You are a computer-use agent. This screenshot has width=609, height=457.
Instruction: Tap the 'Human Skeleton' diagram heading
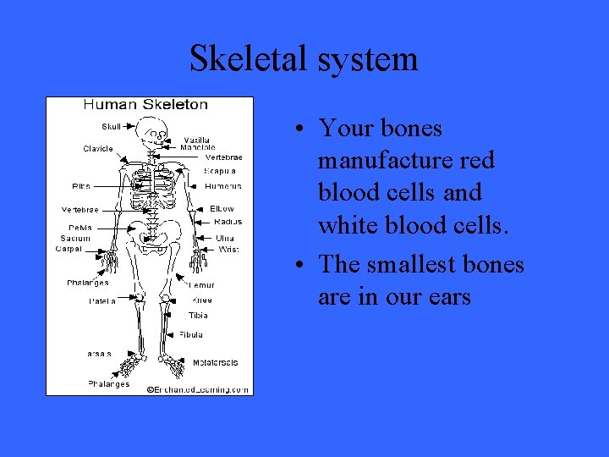(x=145, y=105)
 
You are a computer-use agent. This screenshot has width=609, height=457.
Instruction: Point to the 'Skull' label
(x=111, y=126)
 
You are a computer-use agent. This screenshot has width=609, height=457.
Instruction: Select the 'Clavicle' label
(x=98, y=149)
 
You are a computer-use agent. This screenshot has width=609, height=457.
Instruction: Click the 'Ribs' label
(x=81, y=186)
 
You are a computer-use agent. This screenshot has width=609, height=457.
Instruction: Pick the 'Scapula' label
(x=221, y=171)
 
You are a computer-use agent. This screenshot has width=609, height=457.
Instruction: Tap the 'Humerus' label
(x=223, y=186)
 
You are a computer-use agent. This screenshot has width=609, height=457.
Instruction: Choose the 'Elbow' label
(x=222, y=208)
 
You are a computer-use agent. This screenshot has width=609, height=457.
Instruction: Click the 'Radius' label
(x=228, y=222)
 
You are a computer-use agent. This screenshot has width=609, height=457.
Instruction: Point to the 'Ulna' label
(x=224, y=238)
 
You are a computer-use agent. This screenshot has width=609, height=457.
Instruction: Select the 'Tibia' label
(x=198, y=316)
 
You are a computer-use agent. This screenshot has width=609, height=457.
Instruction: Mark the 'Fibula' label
(x=190, y=335)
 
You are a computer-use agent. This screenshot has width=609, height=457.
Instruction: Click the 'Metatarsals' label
(x=215, y=363)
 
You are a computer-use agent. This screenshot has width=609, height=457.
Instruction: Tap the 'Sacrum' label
(x=75, y=238)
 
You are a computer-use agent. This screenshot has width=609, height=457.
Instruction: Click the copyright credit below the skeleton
(x=197, y=389)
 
